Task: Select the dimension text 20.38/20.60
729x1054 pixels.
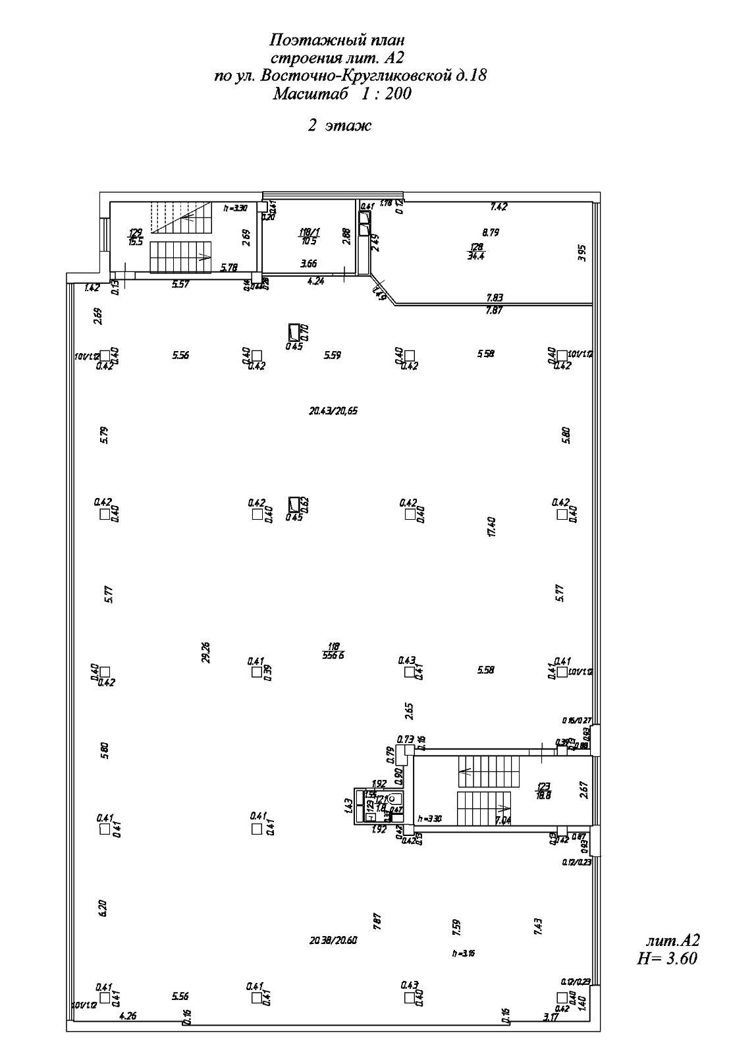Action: pos(333,941)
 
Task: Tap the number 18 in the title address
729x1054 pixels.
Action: pos(479,76)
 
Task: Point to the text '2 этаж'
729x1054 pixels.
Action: pos(340,125)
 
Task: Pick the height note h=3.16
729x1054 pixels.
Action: pos(464,953)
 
